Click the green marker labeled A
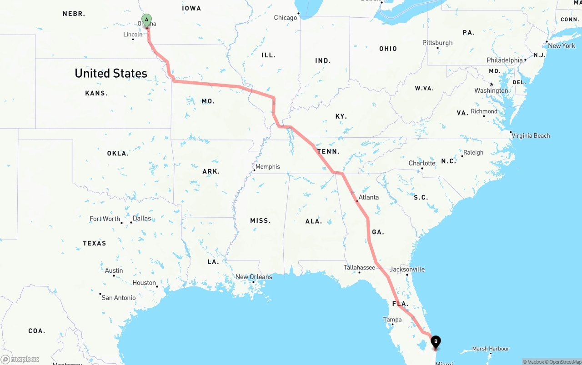pos(146,20)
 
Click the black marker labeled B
pos(436,341)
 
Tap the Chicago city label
pos(285,18)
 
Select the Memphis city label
pos(267,167)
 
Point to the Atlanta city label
pos(368,197)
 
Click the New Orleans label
pos(253,277)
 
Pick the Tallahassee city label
pos(359,267)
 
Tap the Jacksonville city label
pos(407,269)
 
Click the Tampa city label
pos(392,320)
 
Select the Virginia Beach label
pos(530,135)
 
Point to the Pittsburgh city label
pos(437,43)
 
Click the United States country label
pos(111,73)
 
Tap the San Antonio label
pos(118,298)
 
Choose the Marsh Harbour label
pos(490,349)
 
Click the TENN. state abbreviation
pos(328,151)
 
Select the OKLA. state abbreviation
pos(118,154)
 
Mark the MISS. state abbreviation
pos(260,220)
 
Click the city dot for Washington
pos(491,85)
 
